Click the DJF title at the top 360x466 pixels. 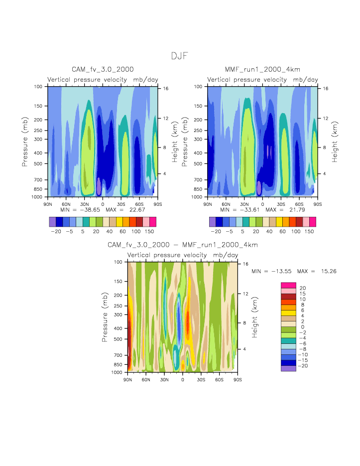click(x=179, y=56)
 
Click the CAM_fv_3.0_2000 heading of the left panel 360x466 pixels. click(x=103, y=69)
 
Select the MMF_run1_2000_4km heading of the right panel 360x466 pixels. click(x=262, y=69)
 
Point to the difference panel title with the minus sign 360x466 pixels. click(x=183, y=245)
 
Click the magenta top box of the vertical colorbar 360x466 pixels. click(x=288, y=285)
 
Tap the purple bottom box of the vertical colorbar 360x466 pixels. click(x=288, y=368)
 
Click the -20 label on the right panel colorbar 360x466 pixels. click(x=215, y=232)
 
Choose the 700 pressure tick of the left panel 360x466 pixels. click(x=38, y=179)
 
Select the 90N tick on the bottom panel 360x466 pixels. click(x=128, y=380)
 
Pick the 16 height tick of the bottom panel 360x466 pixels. click(x=244, y=264)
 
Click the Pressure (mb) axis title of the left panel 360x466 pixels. click(x=24, y=142)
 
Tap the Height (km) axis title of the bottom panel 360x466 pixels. click(x=254, y=317)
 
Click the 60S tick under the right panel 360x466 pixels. click(x=299, y=204)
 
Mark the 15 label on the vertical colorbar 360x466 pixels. click(x=302, y=294)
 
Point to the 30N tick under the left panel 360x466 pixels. click(x=84, y=204)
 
